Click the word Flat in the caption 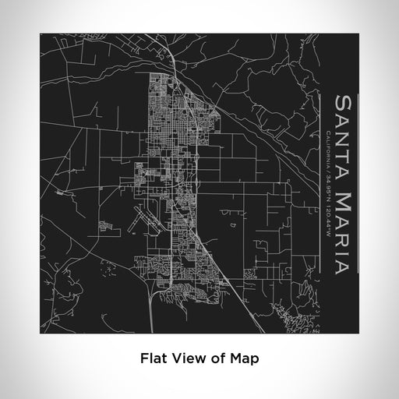tap(151, 359)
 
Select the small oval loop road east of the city tap(233, 227)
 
